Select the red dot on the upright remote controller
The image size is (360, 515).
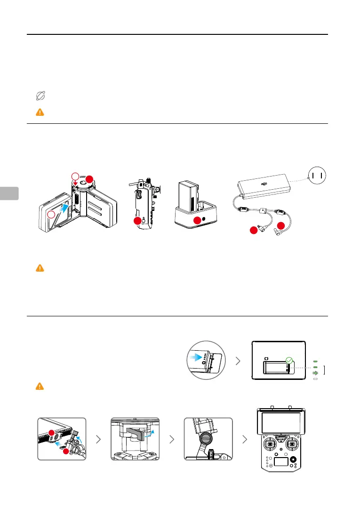(137, 220)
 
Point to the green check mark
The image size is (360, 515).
(289, 361)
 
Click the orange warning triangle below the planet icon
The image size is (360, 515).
(40, 113)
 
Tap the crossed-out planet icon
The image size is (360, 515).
(40, 97)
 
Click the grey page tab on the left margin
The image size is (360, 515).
(9, 193)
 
